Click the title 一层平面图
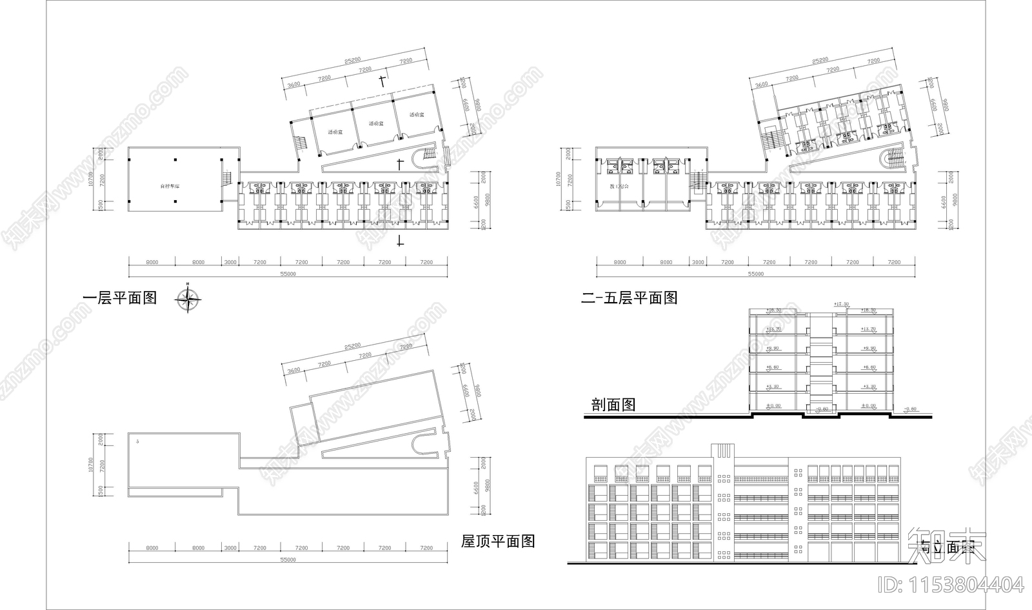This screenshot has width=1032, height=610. click(x=120, y=298)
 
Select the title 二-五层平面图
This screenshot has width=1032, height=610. click(x=630, y=298)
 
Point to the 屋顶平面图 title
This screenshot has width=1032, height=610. click(x=498, y=541)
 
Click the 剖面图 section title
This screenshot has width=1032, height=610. click(x=613, y=405)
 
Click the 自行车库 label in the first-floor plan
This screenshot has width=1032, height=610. click(x=170, y=187)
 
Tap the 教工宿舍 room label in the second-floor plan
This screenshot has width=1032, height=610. click(x=619, y=187)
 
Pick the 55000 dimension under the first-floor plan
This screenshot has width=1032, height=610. click(x=288, y=274)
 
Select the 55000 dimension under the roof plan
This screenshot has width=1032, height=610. click(x=288, y=560)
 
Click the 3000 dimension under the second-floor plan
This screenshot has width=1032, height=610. click(x=697, y=263)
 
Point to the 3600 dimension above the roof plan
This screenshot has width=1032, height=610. click(x=293, y=371)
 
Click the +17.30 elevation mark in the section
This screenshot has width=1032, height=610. click(x=840, y=304)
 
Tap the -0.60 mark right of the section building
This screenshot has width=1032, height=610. click(x=909, y=409)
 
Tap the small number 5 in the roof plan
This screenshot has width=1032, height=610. click(x=138, y=441)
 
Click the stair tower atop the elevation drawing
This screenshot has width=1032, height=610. click(x=722, y=451)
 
